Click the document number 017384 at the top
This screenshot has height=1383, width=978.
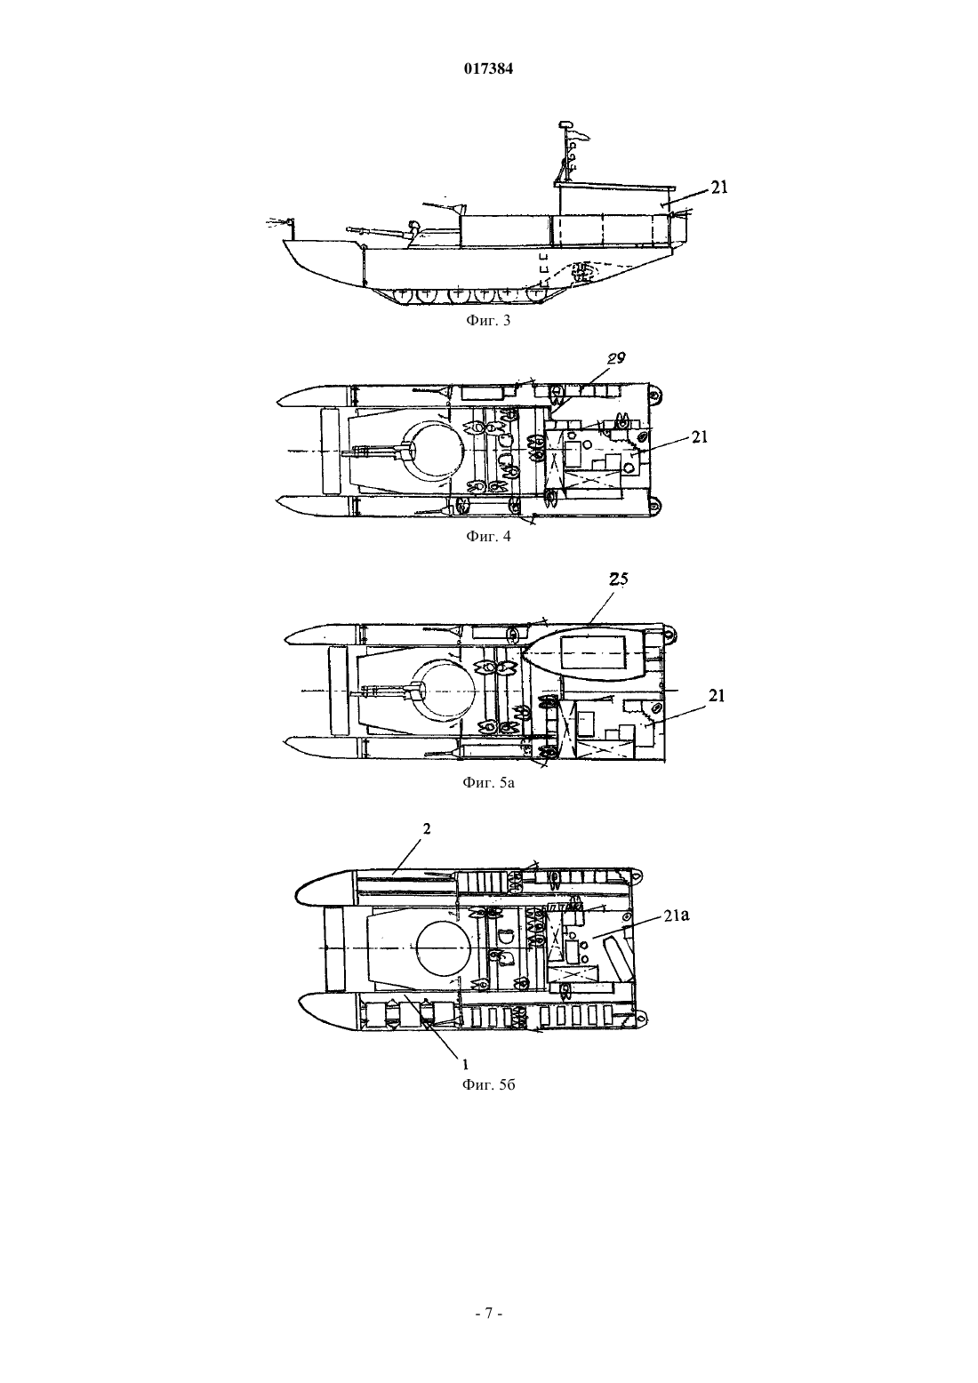(x=488, y=69)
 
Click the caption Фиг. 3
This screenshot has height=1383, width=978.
(x=488, y=321)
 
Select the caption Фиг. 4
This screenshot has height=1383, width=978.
(x=488, y=536)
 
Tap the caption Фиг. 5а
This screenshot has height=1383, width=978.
(x=488, y=783)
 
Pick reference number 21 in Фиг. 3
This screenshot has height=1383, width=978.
(x=719, y=187)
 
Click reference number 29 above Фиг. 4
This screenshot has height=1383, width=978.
(x=616, y=357)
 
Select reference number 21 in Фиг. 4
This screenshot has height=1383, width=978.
(x=700, y=437)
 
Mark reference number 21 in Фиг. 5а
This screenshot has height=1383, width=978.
(x=717, y=696)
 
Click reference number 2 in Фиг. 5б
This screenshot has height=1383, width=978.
(x=427, y=828)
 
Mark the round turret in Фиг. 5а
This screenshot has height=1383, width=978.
(x=445, y=690)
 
